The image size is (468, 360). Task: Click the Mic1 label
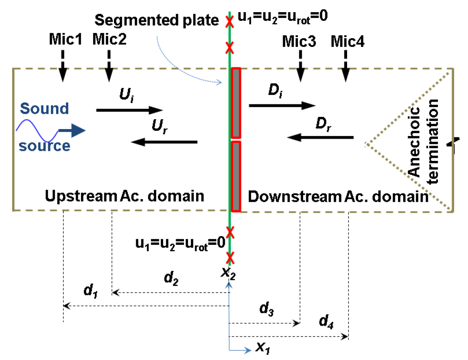[x=65, y=39]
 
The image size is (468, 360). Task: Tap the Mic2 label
[x=110, y=39]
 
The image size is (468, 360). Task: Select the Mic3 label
[x=299, y=41]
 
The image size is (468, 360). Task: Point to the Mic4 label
[x=348, y=41]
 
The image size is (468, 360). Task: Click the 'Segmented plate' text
[x=157, y=21]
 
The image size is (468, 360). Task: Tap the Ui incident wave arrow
[x=130, y=110]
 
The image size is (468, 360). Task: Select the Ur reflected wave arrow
[x=164, y=142]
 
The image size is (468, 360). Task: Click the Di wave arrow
[x=282, y=105]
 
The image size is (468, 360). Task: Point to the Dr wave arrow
[x=320, y=137]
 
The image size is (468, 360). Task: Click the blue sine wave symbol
[x=37, y=130]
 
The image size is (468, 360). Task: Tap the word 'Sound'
[x=44, y=109]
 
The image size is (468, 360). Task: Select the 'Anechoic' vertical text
[x=414, y=141]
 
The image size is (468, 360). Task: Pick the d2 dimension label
[x=171, y=279]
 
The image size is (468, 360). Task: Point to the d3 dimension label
[x=267, y=308]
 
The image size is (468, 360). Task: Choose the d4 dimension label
[x=326, y=322]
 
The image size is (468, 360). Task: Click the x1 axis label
[x=263, y=348]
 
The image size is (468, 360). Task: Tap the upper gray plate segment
[x=236, y=103]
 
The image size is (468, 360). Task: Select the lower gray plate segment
[x=236, y=176]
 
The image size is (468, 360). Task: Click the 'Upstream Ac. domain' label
[x=124, y=196]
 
